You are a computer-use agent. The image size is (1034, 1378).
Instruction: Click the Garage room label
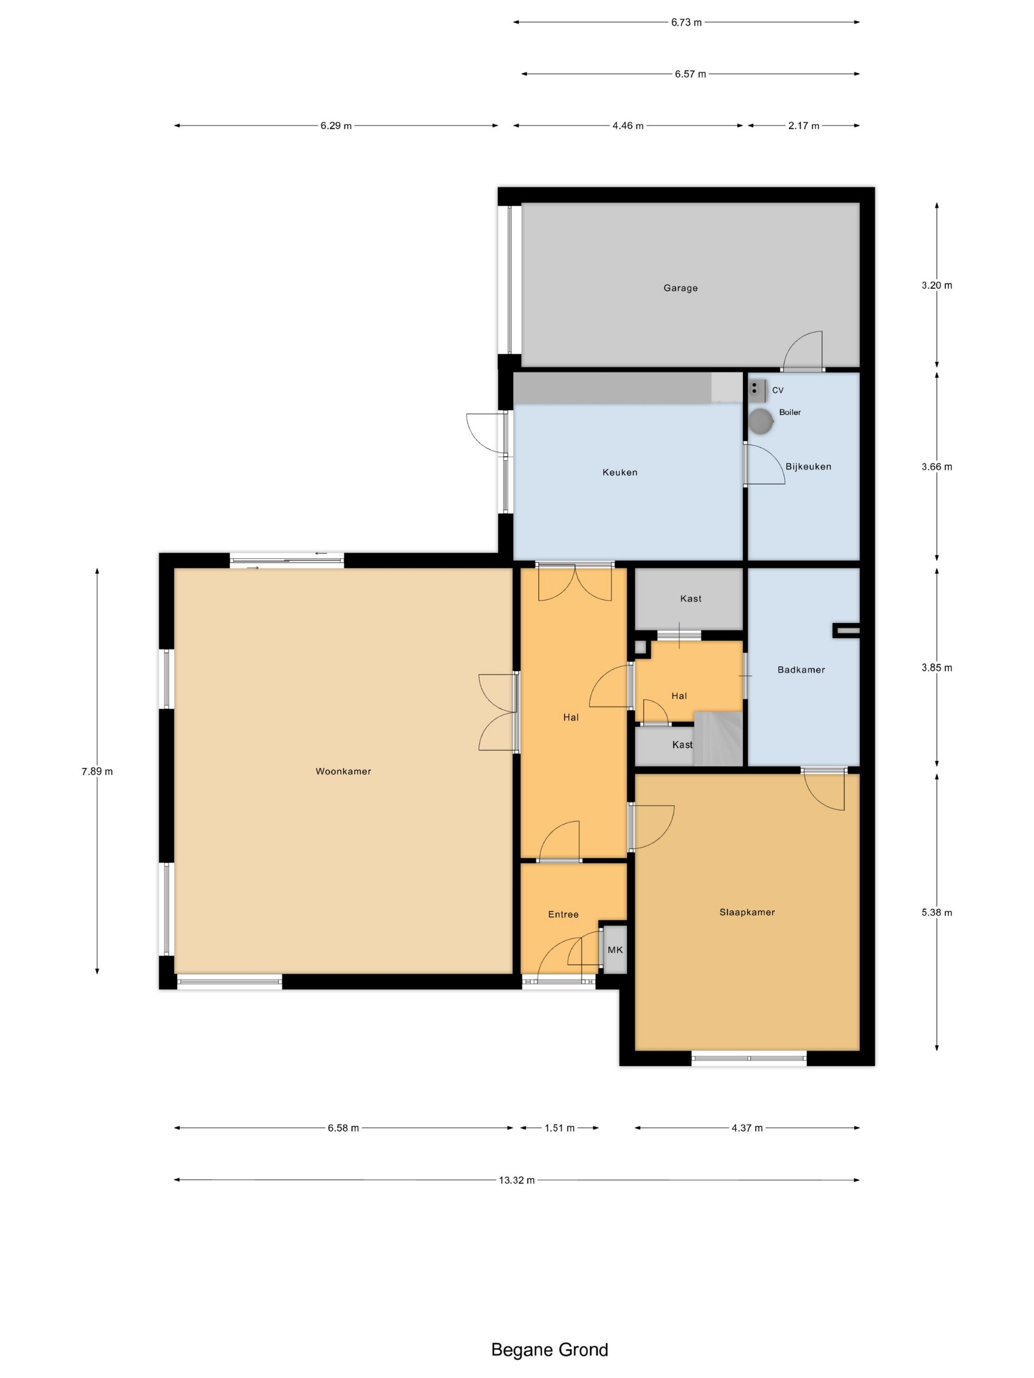click(x=680, y=288)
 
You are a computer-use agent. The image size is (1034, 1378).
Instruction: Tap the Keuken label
click(x=619, y=472)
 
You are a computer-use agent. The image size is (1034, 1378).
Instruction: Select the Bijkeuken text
click(x=808, y=467)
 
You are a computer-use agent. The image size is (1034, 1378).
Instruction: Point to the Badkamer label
click(x=801, y=670)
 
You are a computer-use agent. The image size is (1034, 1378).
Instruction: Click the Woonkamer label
click(x=343, y=771)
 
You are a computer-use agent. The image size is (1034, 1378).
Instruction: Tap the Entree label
click(x=563, y=914)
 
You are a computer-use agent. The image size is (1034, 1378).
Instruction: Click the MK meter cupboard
click(x=614, y=949)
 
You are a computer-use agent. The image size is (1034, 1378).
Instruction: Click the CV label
click(x=777, y=390)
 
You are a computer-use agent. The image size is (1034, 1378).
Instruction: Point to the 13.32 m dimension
click(x=516, y=1180)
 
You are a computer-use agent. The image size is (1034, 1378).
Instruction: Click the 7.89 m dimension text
click(x=97, y=771)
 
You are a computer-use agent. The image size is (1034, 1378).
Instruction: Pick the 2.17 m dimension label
click(x=804, y=126)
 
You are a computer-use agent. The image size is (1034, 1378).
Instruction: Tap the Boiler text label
click(x=790, y=412)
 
